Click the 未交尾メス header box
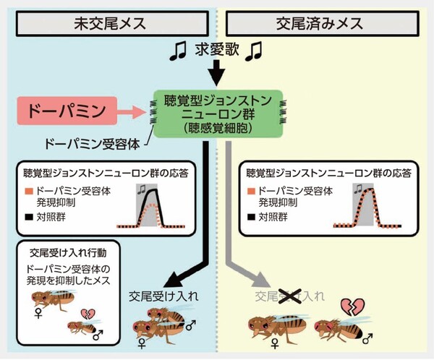(x=109, y=22)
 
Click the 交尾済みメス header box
(x=325, y=22)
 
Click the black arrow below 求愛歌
(x=215, y=73)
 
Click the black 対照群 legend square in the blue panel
(x=29, y=215)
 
